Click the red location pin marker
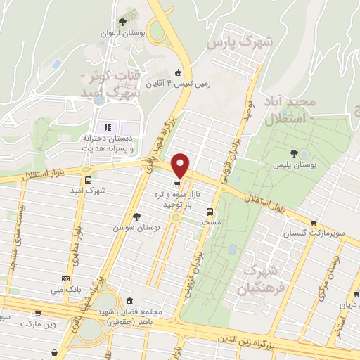pos(181,165)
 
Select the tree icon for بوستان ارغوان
pos(124,22)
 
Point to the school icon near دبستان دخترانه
pos(108,127)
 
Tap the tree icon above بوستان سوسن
pos(136,217)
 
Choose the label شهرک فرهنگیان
pos(261,280)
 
